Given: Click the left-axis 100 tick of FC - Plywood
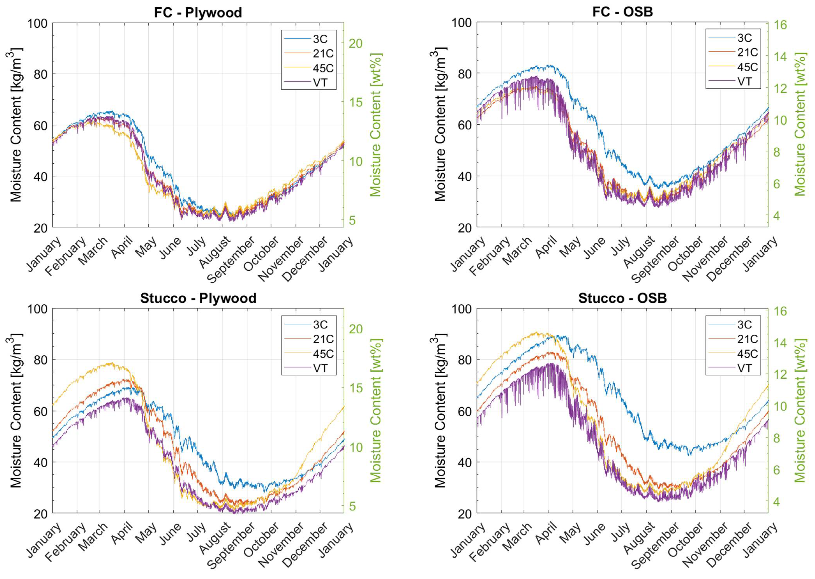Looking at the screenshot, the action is pyautogui.click(x=37, y=24).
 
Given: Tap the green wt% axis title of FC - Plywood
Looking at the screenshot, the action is pyautogui.click(x=376, y=125).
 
